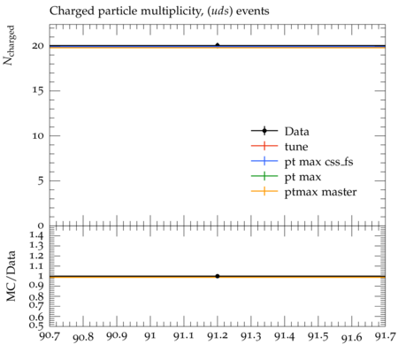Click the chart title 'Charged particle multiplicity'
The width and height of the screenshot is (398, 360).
(x=126, y=11)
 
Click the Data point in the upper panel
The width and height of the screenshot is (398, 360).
(x=218, y=45)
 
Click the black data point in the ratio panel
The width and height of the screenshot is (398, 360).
(x=218, y=276)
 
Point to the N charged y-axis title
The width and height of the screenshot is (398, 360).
(x=9, y=45)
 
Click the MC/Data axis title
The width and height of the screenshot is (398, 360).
(x=11, y=276)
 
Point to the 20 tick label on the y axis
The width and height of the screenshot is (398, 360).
(x=38, y=46)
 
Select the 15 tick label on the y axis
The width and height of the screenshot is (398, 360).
(x=38, y=90)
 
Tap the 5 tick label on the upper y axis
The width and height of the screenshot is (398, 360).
(x=41, y=180)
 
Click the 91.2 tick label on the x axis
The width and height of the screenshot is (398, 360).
(x=218, y=336)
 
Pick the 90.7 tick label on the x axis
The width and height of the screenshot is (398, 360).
(x=50, y=336)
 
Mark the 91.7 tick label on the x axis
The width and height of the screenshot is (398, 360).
(x=385, y=336)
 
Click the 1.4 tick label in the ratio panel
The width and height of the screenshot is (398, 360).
(x=36, y=235)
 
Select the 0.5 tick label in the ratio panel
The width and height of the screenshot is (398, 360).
(x=36, y=326)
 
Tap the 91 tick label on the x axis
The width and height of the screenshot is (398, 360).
(x=150, y=336)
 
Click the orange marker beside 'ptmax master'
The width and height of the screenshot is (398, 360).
(x=264, y=191)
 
